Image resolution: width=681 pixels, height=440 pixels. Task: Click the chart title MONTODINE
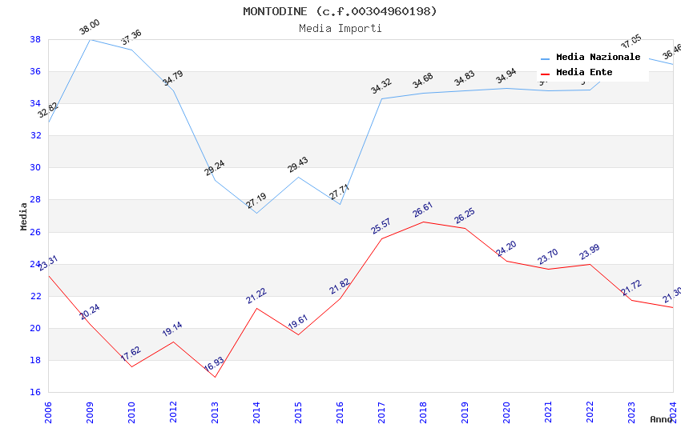tap(340, 11)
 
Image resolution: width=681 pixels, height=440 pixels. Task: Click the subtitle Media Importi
tap(340, 28)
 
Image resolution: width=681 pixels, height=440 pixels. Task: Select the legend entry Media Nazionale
tap(598, 58)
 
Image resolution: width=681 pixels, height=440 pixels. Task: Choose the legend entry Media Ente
tap(584, 73)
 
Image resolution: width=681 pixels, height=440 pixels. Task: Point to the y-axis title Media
tap(24, 216)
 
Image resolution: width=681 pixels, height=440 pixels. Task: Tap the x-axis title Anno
tap(661, 419)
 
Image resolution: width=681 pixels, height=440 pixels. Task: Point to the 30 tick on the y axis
tap(36, 168)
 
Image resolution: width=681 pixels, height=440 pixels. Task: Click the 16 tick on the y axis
tap(36, 392)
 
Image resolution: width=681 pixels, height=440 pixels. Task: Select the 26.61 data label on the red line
tap(422, 210)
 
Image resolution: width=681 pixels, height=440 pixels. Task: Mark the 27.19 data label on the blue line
tap(256, 201)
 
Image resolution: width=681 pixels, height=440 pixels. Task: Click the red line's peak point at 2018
tap(423, 222)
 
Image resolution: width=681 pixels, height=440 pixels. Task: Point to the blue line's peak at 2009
tap(90, 39)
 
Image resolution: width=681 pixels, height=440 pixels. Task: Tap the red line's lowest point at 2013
tap(215, 377)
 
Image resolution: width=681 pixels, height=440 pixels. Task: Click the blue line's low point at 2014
tap(256, 213)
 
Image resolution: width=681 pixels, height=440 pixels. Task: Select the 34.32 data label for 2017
tap(381, 86)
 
